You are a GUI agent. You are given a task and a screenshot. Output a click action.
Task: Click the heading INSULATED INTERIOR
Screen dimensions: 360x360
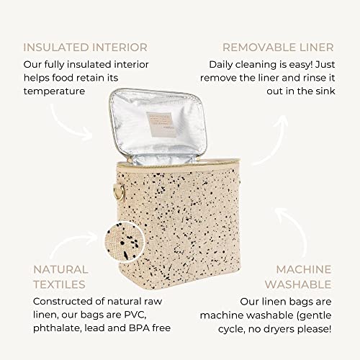pos(85,48)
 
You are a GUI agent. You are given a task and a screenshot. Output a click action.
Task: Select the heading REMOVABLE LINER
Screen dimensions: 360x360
pos(278,48)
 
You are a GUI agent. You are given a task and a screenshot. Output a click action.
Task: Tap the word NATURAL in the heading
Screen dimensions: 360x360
pos(60,269)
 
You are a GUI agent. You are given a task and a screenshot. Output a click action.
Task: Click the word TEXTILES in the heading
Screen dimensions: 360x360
pos(59,284)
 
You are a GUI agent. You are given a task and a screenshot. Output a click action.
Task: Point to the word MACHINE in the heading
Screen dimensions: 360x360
pos(304,269)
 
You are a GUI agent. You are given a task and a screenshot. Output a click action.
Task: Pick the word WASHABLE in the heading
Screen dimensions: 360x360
pos(298,284)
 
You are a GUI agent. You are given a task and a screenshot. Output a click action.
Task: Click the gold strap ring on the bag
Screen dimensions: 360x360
pos(119,192)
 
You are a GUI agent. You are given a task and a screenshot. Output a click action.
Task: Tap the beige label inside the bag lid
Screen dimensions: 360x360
pos(160,124)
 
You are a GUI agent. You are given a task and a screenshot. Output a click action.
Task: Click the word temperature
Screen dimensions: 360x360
pos(54,91)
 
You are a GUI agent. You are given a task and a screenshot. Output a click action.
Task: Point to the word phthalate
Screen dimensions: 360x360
pos(57,328)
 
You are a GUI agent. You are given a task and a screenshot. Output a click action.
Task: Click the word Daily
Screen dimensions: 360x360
pos(220,65)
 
